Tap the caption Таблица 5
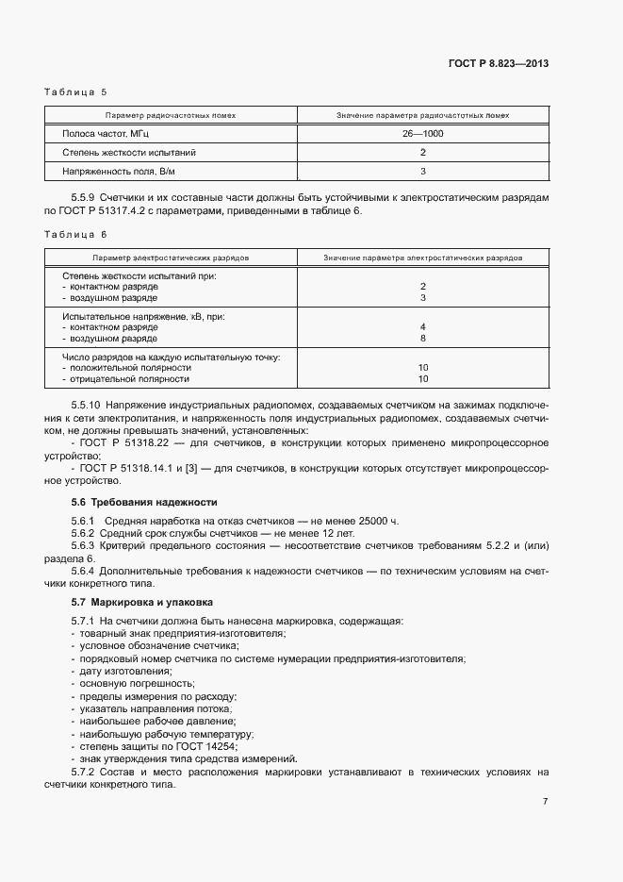click(77, 92)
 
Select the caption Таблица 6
click(77, 233)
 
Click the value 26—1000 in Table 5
click(423, 134)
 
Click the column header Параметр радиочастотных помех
click(171, 115)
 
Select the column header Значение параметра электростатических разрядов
click(423, 257)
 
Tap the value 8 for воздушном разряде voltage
click(423, 338)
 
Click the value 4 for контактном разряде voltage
click(423, 326)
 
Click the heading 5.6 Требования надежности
click(144, 502)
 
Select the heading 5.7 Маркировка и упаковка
click(142, 601)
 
